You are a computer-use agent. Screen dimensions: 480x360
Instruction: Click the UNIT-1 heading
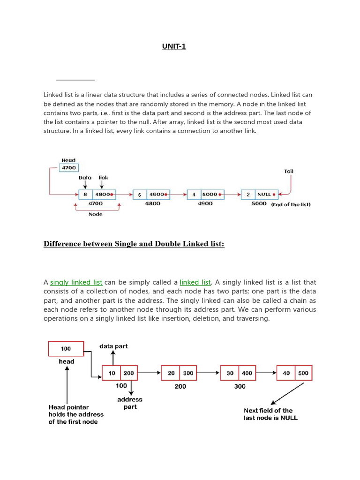tap(174, 46)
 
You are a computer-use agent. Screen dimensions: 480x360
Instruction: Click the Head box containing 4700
tap(69, 167)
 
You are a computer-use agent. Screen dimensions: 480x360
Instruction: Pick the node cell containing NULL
tap(265, 194)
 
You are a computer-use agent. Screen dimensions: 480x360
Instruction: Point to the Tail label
tap(289, 171)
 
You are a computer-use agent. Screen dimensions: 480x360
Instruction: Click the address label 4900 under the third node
tap(205, 203)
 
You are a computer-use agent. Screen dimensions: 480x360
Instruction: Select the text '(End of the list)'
tap(291, 204)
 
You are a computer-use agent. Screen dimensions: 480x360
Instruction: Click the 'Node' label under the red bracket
tap(95, 214)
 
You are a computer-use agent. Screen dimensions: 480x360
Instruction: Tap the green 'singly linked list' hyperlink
tap(76, 282)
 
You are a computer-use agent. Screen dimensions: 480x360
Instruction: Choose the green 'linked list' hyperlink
tap(195, 282)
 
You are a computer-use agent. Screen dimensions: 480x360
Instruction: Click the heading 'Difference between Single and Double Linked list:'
tap(134, 244)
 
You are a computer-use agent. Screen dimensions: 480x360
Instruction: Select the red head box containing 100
tap(66, 349)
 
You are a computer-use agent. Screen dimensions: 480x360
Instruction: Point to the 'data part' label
tap(113, 346)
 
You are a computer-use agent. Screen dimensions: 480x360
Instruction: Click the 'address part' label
tap(130, 403)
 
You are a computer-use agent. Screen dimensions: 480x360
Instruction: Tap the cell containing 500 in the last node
tap(303, 373)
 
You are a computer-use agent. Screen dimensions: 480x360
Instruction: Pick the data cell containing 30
tap(230, 373)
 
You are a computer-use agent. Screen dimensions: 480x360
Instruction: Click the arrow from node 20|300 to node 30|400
tap(208, 373)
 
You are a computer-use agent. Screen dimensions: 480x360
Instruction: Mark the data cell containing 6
tap(140, 195)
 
